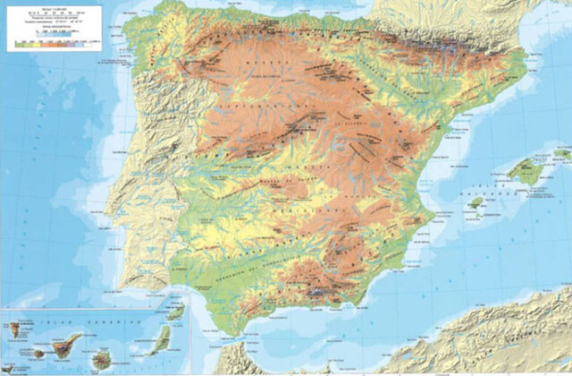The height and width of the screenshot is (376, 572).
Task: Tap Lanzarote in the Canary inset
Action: [175, 313]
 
